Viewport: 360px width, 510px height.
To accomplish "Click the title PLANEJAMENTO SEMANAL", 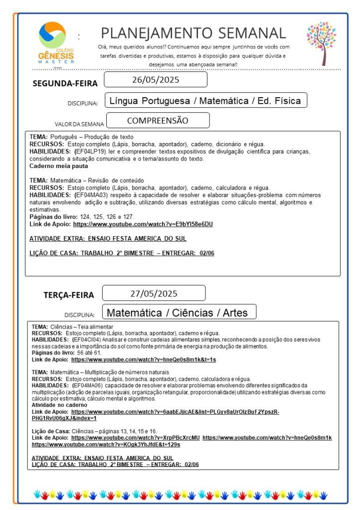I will pyautogui.click(x=193, y=33).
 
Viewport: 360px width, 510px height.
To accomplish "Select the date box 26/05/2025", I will pyautogui.click(x=156, y=80).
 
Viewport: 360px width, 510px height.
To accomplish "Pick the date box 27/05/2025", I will pyautogui.click(x=154, y=293).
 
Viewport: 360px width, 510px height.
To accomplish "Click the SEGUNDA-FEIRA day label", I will pyautogui.click(x=65, y=83).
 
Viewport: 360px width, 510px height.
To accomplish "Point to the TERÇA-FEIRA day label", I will pyautogui.click(x=68, y=295).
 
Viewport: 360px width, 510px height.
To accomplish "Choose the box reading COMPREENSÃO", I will pyautogui.click(x=158, y=121).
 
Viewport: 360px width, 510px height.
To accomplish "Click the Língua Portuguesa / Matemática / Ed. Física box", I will pyautogui.click(x=205, y=101).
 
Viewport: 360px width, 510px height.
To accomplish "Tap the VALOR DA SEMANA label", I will pyautogui.click(x=79, y=124).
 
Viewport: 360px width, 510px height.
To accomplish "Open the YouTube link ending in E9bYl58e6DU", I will pyautogui.click(x=143, y=224).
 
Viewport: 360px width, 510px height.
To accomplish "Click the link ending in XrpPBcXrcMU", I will pyautogui.click(x=135, y=438).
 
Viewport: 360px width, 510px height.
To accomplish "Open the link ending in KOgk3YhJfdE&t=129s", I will pyautogui.click(x=106, y=444).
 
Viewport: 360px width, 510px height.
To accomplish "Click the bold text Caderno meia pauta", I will pyautogui.click(x=58, y=166).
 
